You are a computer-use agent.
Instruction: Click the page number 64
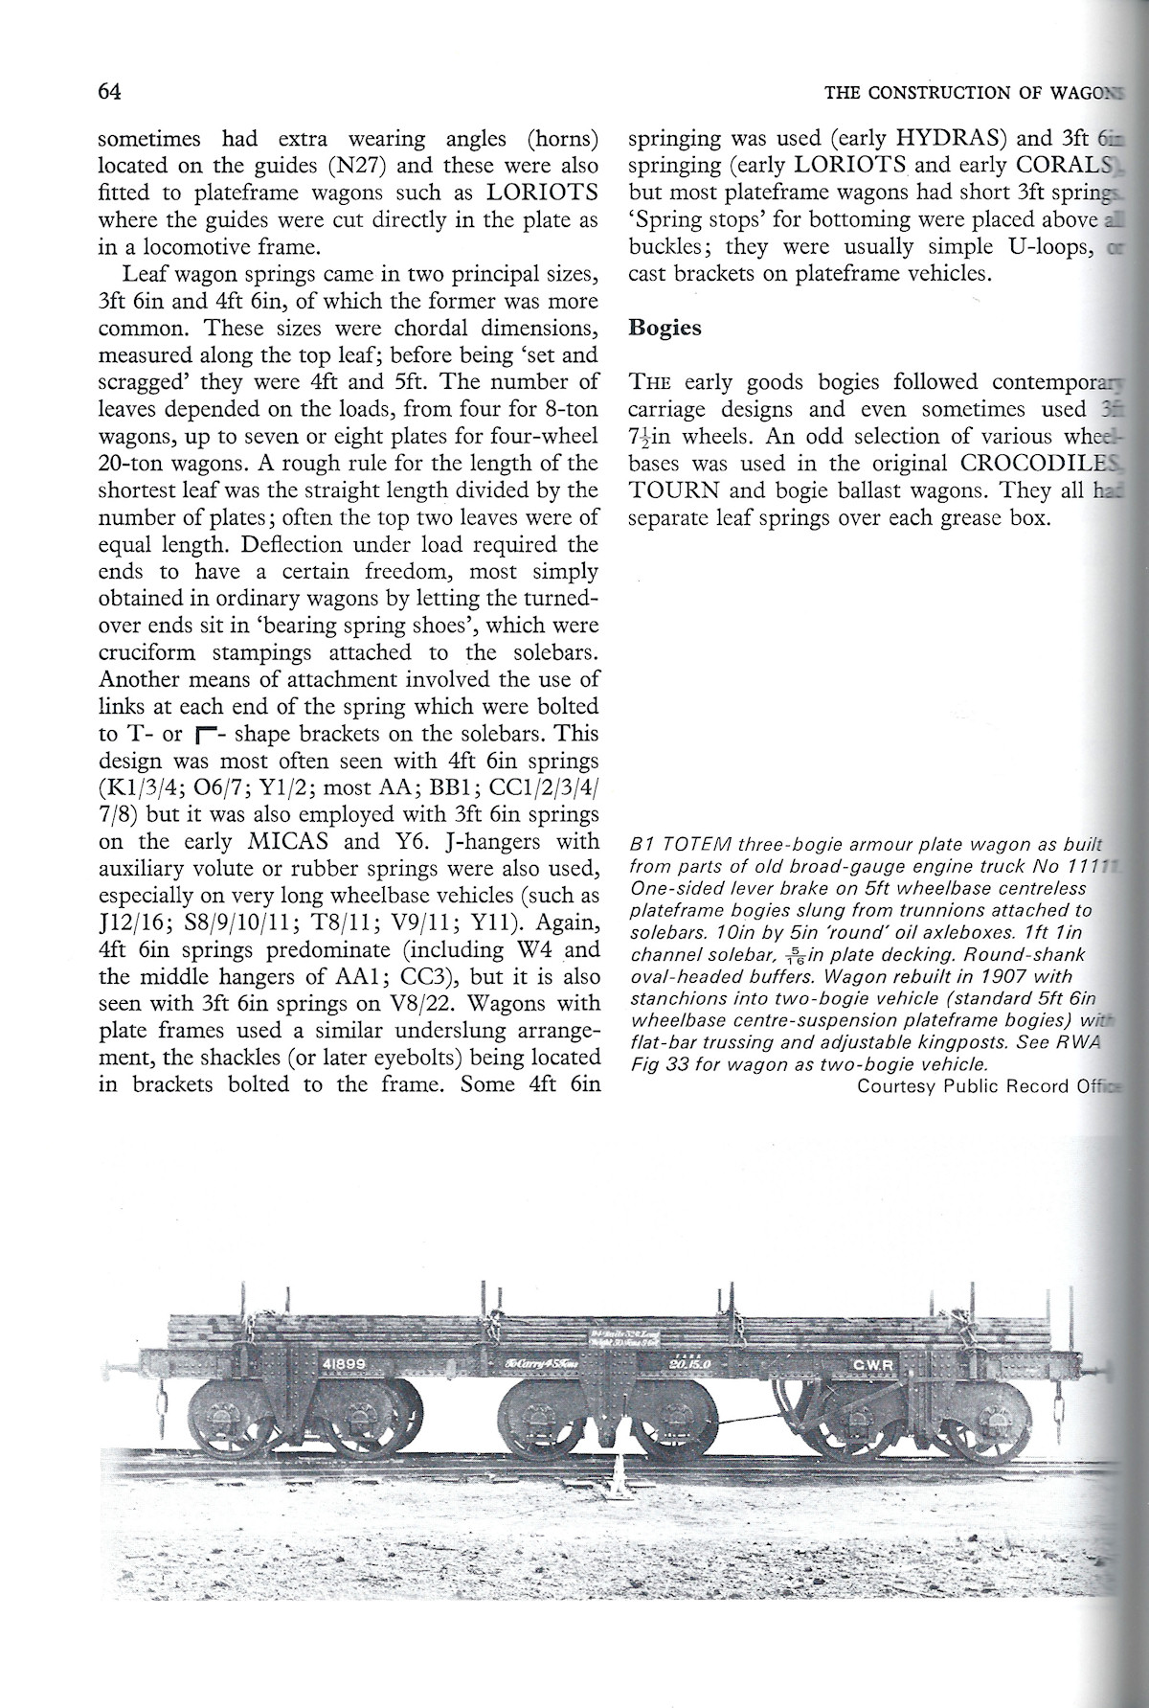(107, 92)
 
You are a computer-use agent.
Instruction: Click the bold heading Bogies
(665, 328)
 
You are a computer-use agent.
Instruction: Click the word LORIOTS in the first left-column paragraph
(543, 193)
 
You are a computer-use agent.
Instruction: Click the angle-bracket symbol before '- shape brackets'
(201, 736)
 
